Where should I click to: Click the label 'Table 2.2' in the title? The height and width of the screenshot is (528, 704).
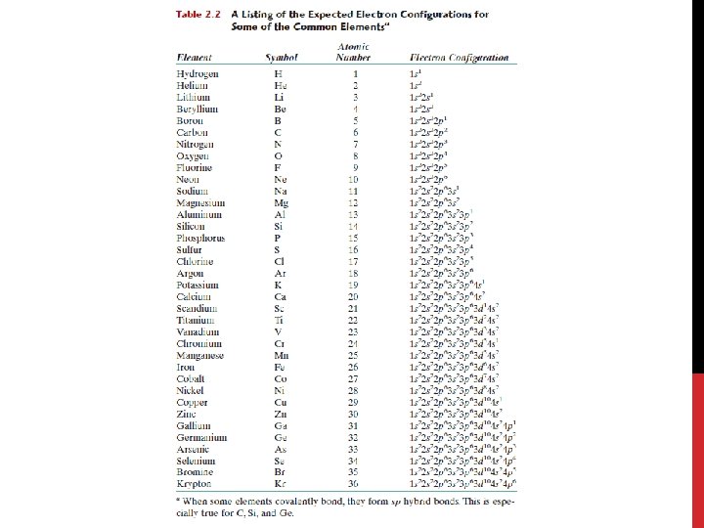tap(199, 15)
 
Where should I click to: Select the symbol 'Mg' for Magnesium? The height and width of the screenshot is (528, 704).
tap(281, 202)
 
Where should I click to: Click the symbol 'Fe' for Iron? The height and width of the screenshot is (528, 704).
tap(280, 368)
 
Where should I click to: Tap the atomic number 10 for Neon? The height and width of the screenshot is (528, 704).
tap(354, 180)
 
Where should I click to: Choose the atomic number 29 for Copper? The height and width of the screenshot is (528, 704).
tap(354, 403)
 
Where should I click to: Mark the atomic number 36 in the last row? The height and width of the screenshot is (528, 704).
tap(354, 485)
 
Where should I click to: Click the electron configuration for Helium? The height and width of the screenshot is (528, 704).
tap(416, 86)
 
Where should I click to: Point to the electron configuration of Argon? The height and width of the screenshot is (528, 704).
tap(443, 274)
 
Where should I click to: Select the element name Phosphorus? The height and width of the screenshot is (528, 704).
tap(200, 239)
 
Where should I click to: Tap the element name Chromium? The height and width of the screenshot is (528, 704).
tap(198, 344)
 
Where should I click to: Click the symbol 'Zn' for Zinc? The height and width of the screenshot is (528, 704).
tap(281, 415)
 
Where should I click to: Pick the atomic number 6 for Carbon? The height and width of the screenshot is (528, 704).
tap(355, 133)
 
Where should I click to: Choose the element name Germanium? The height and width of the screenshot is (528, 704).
tap(201, 438)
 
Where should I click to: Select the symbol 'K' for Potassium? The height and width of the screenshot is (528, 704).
tap(279, 286)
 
